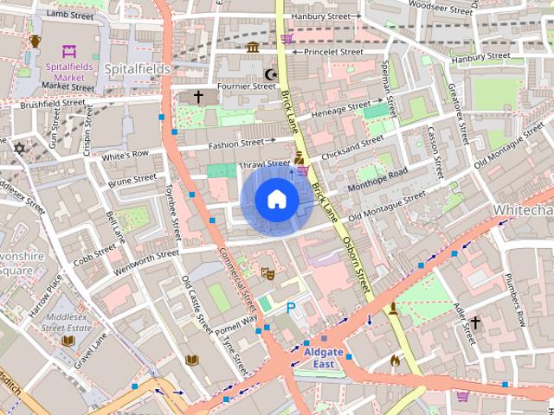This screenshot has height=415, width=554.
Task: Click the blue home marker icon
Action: coord(276,200)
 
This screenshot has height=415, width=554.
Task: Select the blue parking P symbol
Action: coord(291,307)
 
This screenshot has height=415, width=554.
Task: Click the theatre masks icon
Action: coord(268,273)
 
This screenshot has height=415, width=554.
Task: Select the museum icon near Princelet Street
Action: coord(252,47)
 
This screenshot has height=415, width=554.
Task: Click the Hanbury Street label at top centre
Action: coord(322,16)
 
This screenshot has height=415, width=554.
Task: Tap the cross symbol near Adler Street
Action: coord(474,323)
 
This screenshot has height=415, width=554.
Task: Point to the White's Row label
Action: coord(126,156)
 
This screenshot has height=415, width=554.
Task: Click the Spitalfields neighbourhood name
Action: coord(136,67)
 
